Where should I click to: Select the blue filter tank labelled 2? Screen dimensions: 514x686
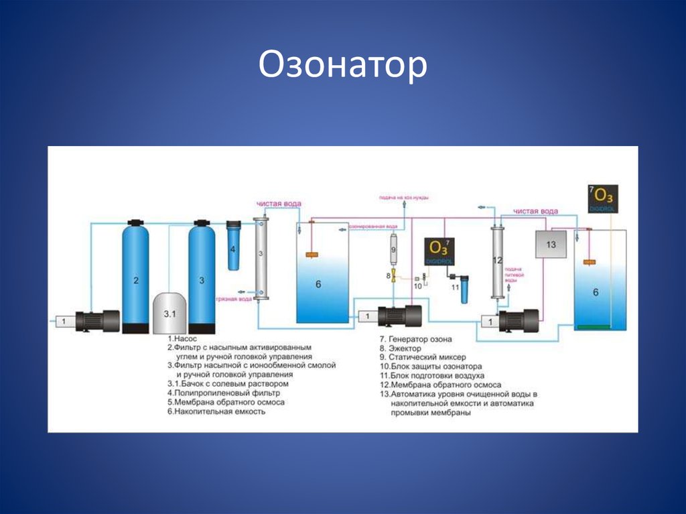[135, 278]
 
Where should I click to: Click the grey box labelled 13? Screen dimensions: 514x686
[551, 245]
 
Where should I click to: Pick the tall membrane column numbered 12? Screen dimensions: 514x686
[496, 261]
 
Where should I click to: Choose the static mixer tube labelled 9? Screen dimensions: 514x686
[393, 249]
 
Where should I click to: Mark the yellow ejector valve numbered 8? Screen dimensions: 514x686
[394, 275]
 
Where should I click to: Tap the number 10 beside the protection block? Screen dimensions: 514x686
[417, 286]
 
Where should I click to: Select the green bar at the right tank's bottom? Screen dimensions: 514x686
[594, 326]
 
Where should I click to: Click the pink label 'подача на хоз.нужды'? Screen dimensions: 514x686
[403, 197]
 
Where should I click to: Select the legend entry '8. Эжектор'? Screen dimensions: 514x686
[401, 348]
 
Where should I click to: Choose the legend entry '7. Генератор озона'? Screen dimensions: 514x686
[416, 339]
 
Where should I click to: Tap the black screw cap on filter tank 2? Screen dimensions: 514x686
[135, 222]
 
